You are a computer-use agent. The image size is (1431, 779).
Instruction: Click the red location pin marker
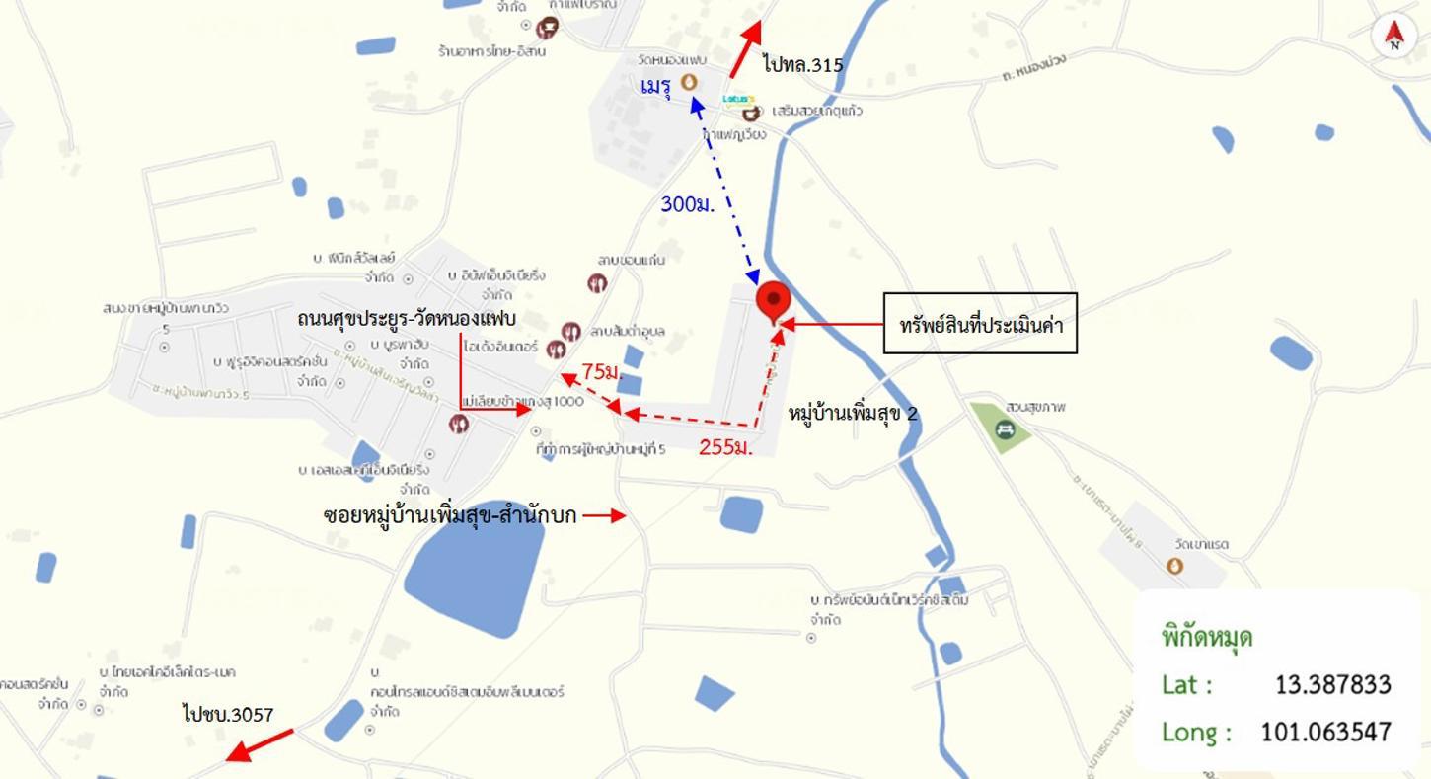(x=773, y=301)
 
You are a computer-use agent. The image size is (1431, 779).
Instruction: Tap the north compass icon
(x=1393, y=37)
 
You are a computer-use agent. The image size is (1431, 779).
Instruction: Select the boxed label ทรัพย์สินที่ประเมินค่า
(x=980, y=323)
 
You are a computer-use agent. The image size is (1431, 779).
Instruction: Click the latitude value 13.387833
(x=1332, y=684)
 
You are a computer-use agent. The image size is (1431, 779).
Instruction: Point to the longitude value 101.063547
(x=1325, y=732)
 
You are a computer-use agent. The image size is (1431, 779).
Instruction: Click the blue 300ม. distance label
(x=687, y=204)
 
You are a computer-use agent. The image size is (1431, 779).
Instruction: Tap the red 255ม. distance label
(x=725, y=447)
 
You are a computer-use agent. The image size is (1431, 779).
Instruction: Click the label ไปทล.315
(x=803, y=65)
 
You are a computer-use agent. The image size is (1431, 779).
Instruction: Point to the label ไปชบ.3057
(x=228, y=713)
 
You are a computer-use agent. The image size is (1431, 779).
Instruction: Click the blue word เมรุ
(x=655, y=87)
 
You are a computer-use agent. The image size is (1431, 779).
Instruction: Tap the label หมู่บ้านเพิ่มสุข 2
(x=854, y=413)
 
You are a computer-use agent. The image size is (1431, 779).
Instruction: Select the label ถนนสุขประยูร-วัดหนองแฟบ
(x=407, y=319)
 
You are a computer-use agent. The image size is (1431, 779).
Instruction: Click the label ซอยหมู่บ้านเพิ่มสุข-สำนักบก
(x=450, y=514)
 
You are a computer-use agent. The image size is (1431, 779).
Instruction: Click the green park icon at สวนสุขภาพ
(x=1005, y=428)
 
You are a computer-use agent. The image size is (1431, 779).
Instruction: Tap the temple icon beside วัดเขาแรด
(x=1174, y=566)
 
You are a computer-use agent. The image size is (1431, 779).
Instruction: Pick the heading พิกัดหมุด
(x=1207, y=637)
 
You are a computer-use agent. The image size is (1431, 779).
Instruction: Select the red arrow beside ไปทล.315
(x=745, y=49)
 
